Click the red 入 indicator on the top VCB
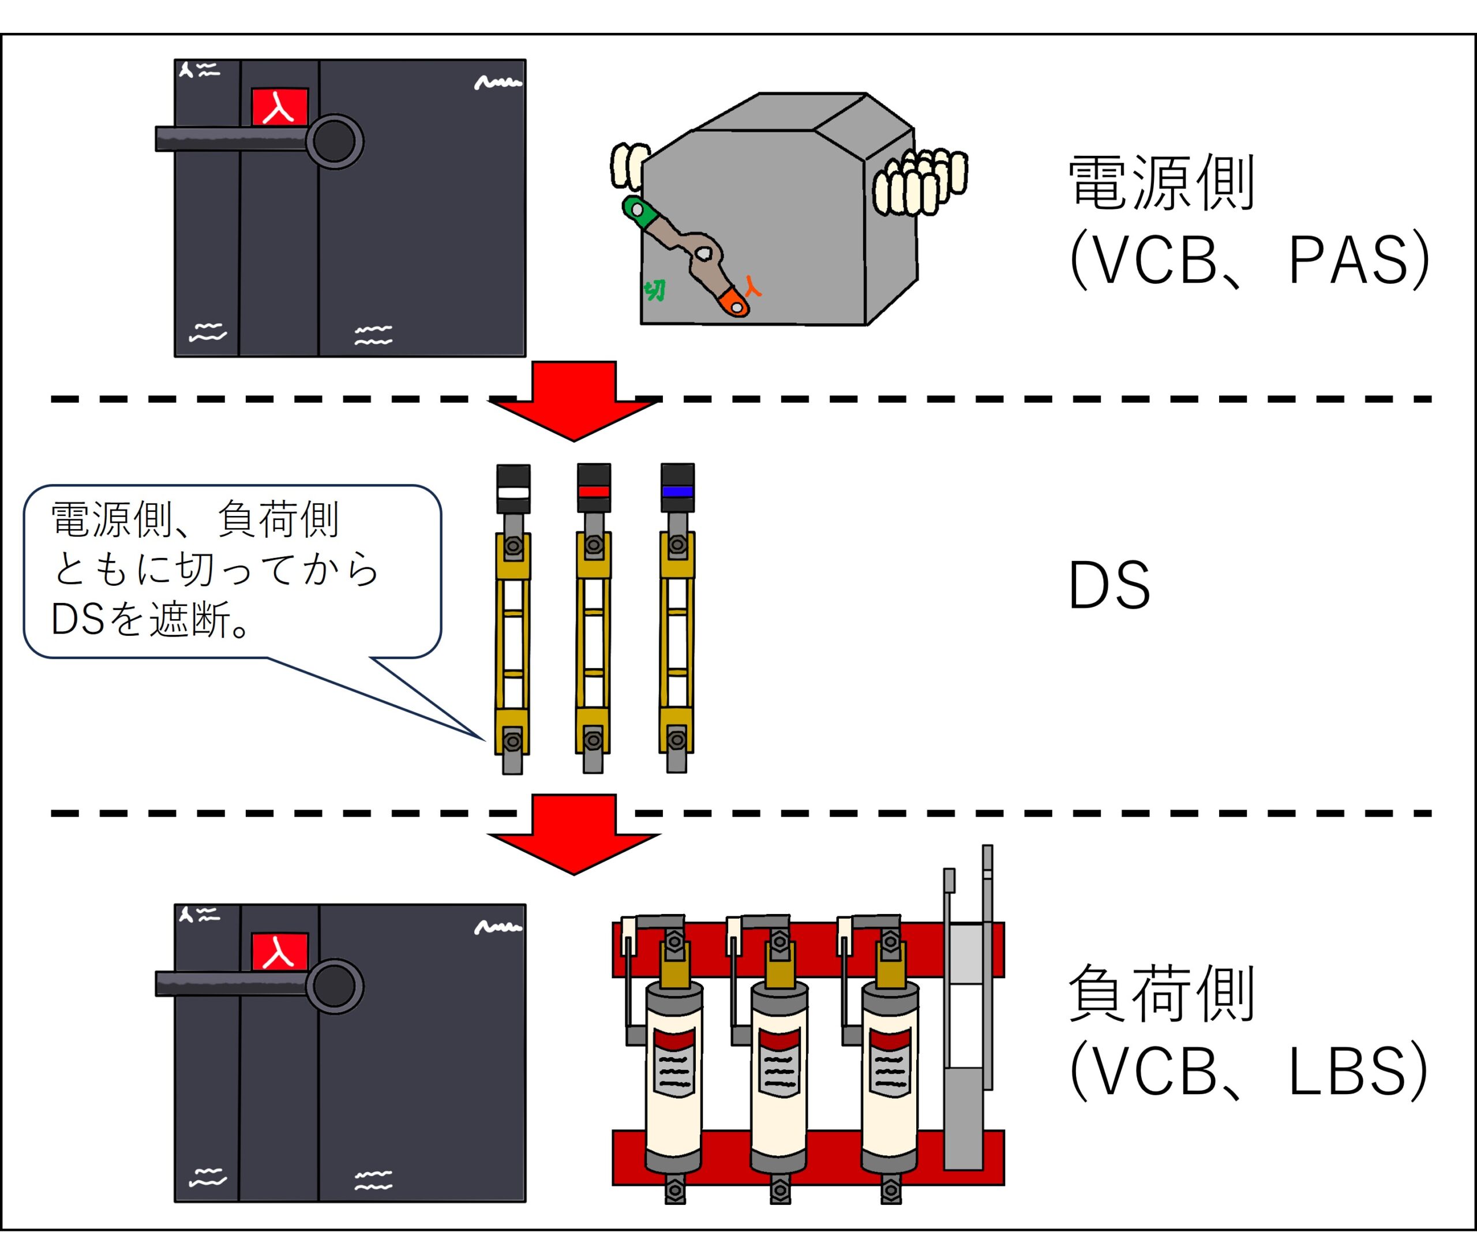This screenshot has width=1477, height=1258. tap(279, 107)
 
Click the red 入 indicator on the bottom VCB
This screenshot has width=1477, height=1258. tap(279, 952)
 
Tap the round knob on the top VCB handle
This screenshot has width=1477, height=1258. tap(334, 141)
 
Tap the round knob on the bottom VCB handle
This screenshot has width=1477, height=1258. tap(334, 986)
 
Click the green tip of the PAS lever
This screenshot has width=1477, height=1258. tap(636, 211)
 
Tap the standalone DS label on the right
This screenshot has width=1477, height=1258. tap(1109, 585)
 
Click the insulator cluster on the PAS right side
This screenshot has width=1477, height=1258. tap(920, 182)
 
